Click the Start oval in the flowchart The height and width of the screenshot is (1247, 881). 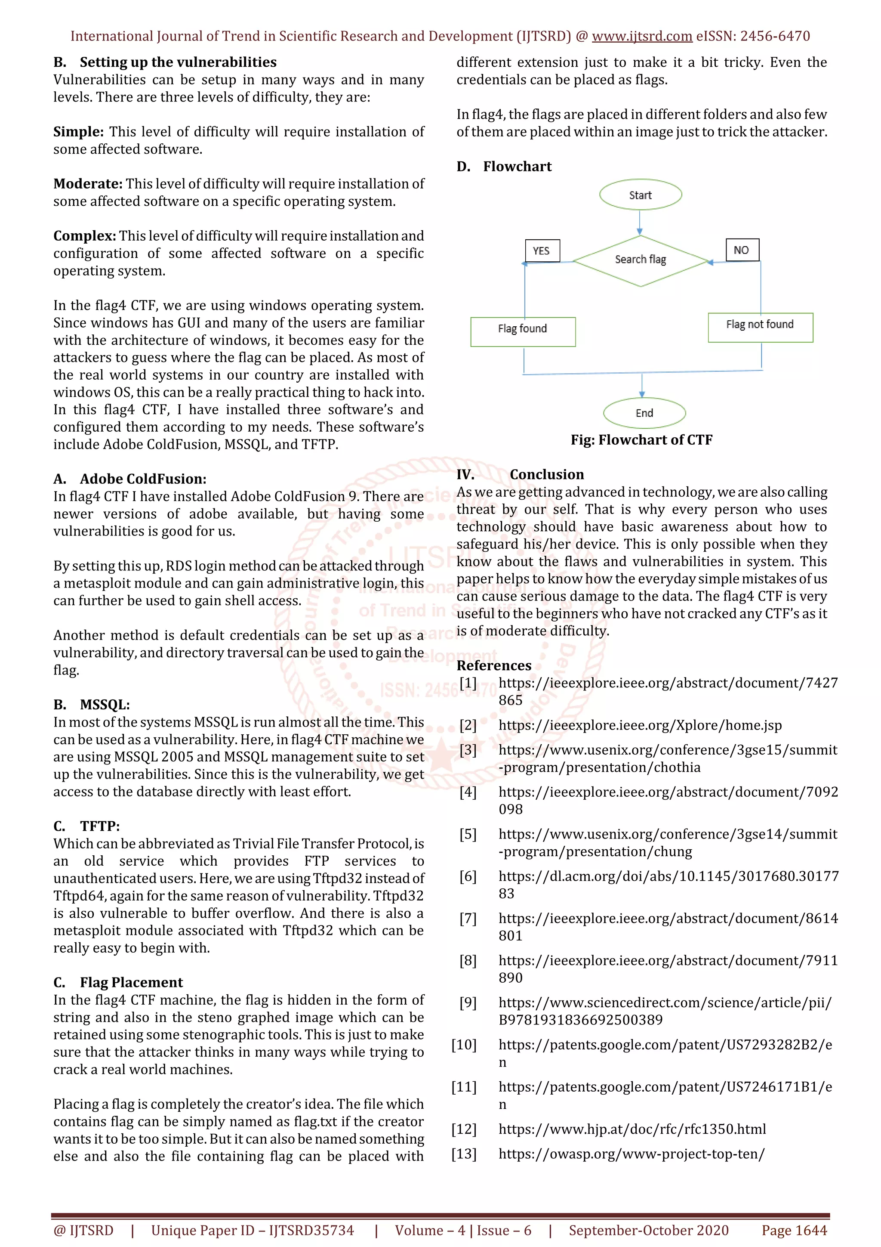[640, 195]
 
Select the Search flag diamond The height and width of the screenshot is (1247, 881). [640, 260]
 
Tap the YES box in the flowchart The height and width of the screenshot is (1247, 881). [542, 251]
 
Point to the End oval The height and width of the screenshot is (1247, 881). [644, 413]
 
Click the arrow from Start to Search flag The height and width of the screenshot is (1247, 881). [640, 223]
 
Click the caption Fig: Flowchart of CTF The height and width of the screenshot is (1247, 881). [641, 440]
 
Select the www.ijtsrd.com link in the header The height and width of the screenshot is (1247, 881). [642, 37]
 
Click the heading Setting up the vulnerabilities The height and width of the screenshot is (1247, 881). [178, 62]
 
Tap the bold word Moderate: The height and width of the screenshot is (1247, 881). [88, 184]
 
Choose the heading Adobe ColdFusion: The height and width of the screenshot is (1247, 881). [143, 479]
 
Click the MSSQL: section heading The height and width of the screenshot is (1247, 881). [105, 705]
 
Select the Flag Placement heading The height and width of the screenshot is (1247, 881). [131, 983]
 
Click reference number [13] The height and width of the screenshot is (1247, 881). [464, 1154]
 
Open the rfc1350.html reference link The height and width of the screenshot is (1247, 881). [632, 1129]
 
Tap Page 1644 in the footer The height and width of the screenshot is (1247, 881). [794, 1230]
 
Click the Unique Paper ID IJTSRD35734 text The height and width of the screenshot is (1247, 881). [253, 1230]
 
